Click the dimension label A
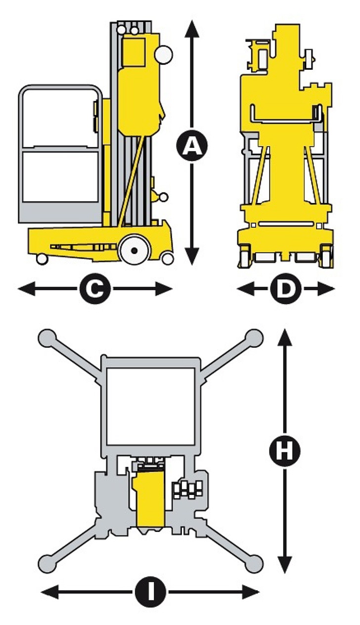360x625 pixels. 192,145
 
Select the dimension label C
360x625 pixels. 94,289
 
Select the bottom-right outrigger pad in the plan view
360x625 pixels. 254,563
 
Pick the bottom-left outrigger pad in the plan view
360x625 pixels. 47,563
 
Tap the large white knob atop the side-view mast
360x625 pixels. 164,54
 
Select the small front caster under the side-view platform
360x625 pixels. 42,258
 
